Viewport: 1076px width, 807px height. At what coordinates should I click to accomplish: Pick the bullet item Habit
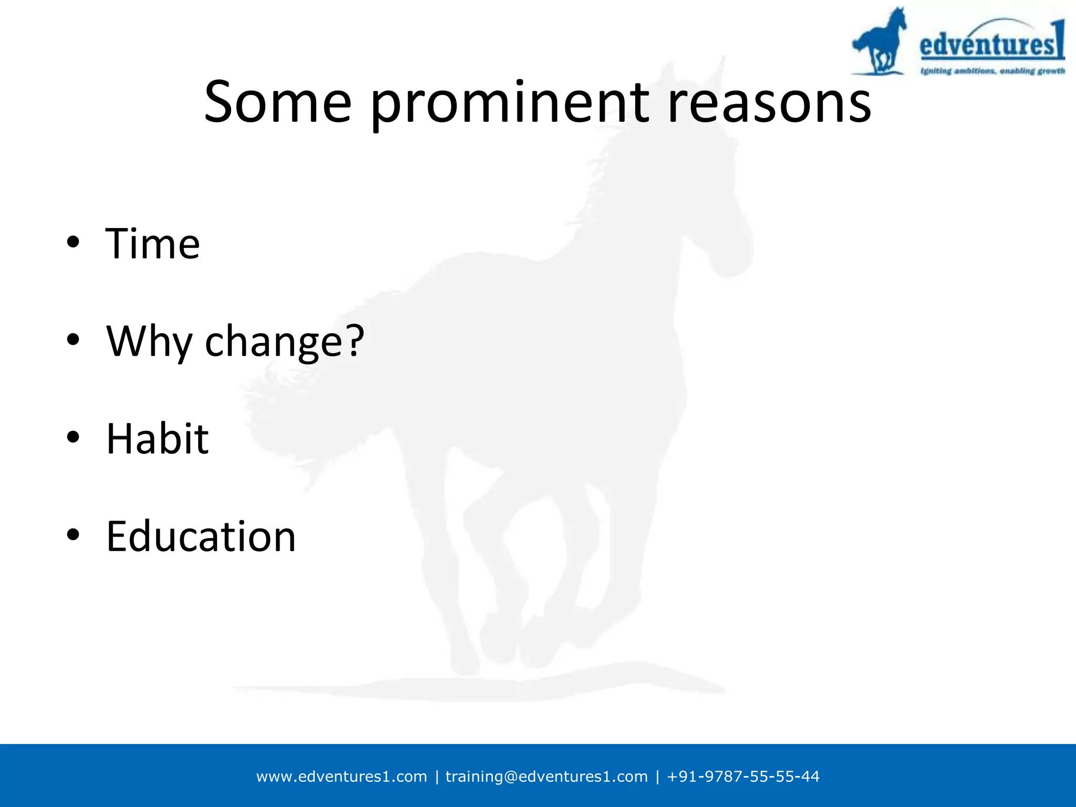pyautogui.click(x=157, y=439)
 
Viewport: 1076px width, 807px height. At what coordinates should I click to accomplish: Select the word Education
pyautogui.click(x=201, y=536)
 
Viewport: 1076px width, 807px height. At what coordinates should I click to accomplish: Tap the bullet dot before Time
pyautogui.click(x=73, y=242)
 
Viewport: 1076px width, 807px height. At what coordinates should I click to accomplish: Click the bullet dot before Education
pyautogui.click(x=73, y=534)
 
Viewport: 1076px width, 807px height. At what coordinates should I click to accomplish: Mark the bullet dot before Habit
pyautogui.click(x=73, y=437)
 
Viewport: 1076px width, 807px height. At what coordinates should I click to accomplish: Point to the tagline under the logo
pyautogui.click(x=992, y=71)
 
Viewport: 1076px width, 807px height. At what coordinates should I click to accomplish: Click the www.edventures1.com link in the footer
pyautogui.click(x=342, y=777)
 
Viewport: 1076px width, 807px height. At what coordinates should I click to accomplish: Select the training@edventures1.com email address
pyautogui.click(x=546, y=777)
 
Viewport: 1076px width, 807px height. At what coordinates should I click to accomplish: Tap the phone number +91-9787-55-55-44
pyautogui.click(x=743, y=777)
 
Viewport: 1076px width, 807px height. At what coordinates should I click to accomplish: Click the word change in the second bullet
pyautogui.click(x=273, y=342)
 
